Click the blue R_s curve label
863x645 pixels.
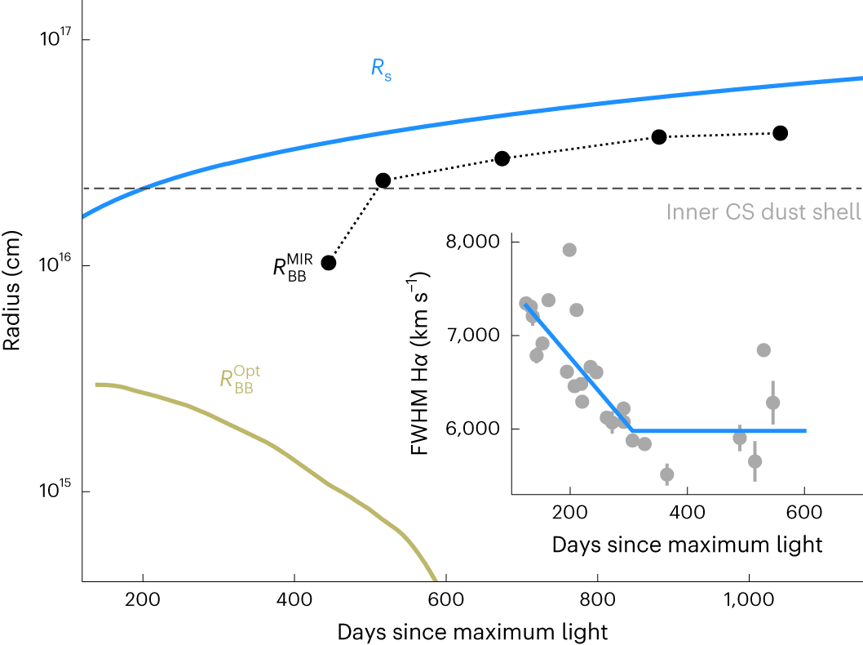[381, 69]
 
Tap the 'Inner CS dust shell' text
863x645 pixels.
[763, 212]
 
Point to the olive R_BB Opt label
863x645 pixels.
[236, 380]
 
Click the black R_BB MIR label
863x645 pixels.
[293, 267]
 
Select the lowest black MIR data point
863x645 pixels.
[329, 262]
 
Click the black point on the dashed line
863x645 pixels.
[383, 180]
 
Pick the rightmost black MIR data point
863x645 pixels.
[780, 133]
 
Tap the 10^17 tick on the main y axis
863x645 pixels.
[55, 38]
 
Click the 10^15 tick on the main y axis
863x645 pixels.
[55, 491]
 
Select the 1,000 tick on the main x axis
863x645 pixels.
[748, 598]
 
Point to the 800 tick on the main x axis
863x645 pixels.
[597, 598]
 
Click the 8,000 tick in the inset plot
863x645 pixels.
[472, 242]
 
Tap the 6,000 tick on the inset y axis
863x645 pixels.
[472, 429]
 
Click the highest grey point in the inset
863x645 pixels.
[569, 250]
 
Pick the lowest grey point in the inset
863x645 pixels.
[666, 474]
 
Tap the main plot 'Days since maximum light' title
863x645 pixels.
[472, 631]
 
